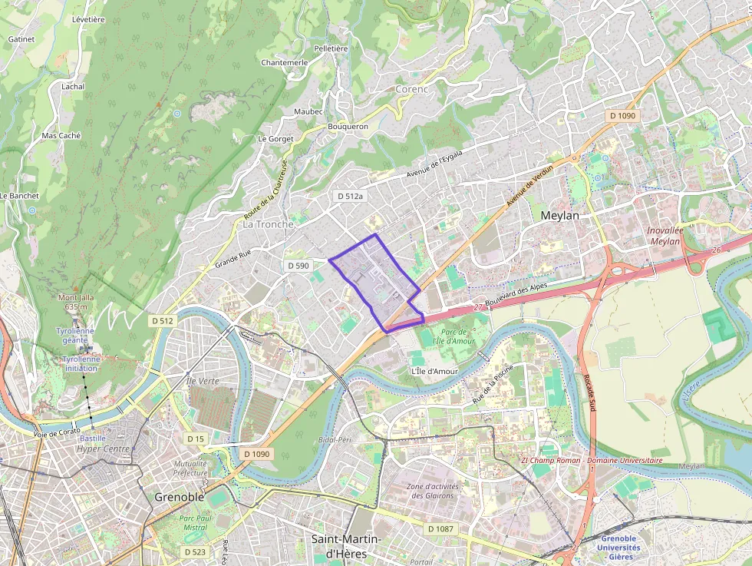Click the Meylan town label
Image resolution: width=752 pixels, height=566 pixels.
(560, 216)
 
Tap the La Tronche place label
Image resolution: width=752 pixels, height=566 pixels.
(269, 224)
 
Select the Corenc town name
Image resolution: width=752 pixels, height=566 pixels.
(411, 89)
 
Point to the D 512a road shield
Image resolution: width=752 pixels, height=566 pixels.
(350, 197)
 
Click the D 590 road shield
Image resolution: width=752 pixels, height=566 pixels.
(298, 265)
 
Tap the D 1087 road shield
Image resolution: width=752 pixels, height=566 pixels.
(440, 528)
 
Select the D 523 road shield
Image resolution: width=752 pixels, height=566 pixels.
(195, 551)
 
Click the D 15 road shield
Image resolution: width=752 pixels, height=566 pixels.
(196, 438)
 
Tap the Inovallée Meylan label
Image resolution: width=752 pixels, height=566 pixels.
(665, 235)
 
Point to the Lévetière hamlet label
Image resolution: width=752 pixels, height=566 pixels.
(88, 19)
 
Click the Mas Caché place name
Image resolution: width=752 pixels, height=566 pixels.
(61, 135)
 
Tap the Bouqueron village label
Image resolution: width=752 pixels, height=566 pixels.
(348, 126)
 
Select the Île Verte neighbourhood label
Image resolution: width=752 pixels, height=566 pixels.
(203, 381)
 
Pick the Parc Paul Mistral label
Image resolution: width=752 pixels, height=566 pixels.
(195, 523)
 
